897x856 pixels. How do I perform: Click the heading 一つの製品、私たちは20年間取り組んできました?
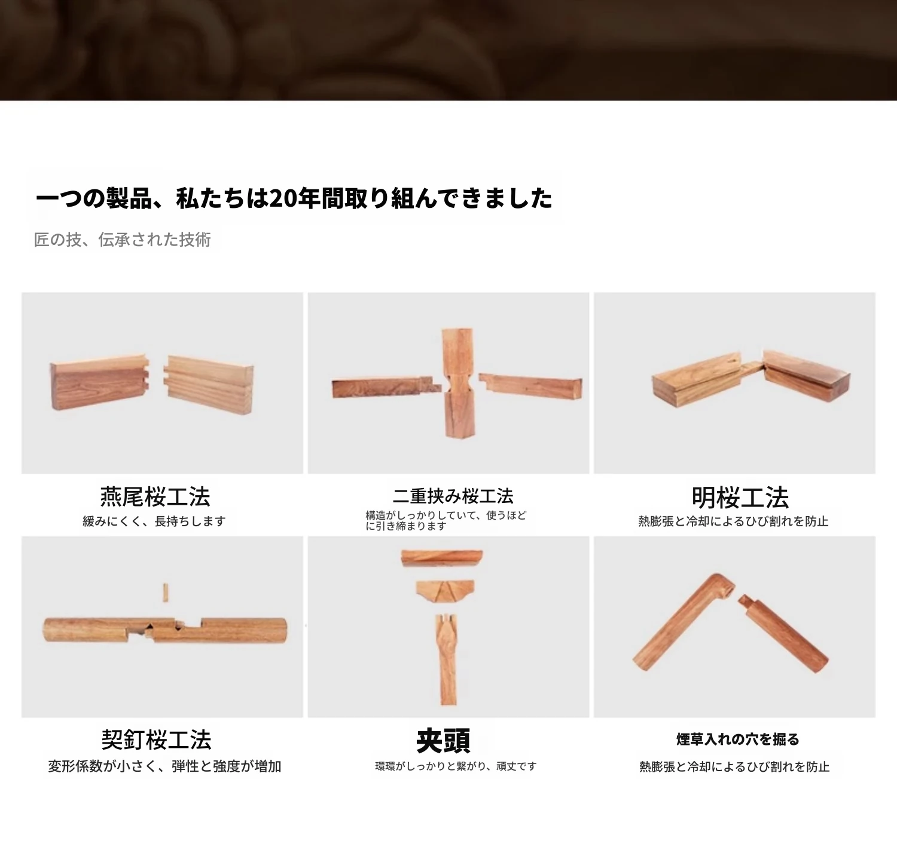(294, 198)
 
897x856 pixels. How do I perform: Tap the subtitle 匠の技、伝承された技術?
(123, 240)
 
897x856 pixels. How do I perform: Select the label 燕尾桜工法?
(155, 496)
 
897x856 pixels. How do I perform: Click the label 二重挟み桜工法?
(453, 496)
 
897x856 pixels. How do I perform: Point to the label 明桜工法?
(740, 497)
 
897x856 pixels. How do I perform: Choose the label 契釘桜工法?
(156, 740)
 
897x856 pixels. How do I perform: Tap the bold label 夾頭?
(443, 741)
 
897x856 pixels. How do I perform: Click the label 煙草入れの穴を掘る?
(738, 740)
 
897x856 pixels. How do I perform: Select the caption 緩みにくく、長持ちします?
(154, 521)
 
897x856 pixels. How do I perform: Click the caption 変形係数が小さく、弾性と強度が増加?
(164, 766)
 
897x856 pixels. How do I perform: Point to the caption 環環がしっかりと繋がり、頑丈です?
(456, 766)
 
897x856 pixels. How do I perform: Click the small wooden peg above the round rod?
(165, 593)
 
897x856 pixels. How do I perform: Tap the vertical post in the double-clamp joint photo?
(457, 383)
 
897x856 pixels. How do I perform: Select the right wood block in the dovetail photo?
(209, 385)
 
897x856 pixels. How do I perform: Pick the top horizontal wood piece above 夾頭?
(442, 558)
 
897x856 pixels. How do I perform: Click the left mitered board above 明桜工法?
(697, 380)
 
